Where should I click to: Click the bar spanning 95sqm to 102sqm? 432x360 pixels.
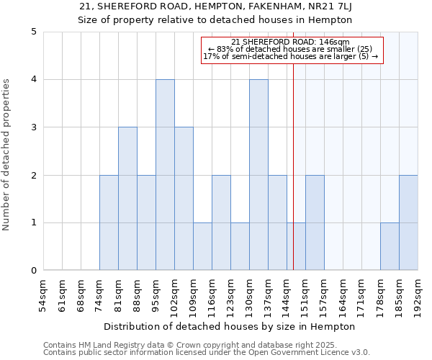(165, 175)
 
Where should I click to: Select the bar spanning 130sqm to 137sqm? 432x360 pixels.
(258, 175)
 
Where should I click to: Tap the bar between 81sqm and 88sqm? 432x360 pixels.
(127, 199)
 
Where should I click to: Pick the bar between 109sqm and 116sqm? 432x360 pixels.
(202, 246)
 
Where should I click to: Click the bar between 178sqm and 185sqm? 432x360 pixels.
(390, 246)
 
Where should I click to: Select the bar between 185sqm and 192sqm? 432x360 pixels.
(408, 222)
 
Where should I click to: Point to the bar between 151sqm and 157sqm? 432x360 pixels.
(315, 222)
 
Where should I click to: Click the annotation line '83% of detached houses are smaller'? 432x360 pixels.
(290, 49)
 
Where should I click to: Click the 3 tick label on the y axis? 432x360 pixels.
(33, 127)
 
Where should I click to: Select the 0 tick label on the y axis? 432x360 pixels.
(33, 271)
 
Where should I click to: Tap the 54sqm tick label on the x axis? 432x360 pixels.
(43, 294)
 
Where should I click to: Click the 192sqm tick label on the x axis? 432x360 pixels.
(418, 294)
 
